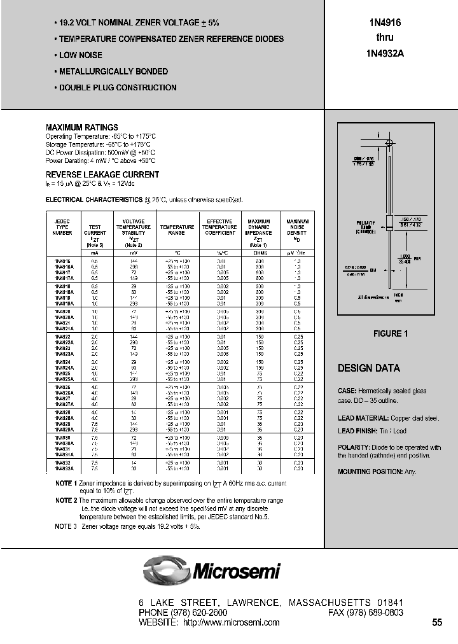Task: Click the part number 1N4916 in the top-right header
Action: [384, 22]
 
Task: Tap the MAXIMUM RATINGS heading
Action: [81, 127]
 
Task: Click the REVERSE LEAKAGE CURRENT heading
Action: [102, 174]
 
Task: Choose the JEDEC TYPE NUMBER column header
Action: [62, 227]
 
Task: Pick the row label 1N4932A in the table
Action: [64, 468]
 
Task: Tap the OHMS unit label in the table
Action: [258, 253]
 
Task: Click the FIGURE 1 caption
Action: [389, 333]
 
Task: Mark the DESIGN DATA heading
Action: [368, 368]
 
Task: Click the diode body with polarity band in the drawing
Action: [389, 223]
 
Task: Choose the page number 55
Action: [437, 622]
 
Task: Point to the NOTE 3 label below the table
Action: [66, 526]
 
